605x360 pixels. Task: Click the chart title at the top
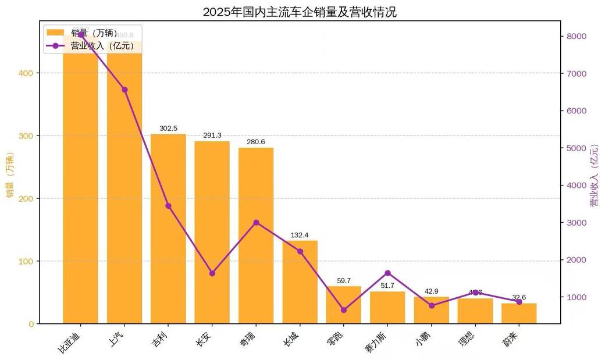pyautogui.click(x=300, y=12)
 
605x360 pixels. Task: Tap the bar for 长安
pyautogui.click(x=212, y=233)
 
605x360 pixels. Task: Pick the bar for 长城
pyautogui.click(x=300, y=285)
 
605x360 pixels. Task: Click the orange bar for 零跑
pyautogui.click(x=343, y=305)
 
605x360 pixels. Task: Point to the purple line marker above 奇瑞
pyautogui.click(x=256, y=222)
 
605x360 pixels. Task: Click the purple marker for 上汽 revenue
pyautogui.click(x=124, y=90)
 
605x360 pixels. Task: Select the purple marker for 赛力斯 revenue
pyautogui.click(x=387, y=273)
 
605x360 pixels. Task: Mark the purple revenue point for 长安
pyautogui.click(x=212, y=273)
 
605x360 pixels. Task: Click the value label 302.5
pyautogui.click(x=168, y=128)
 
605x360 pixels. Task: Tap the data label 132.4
pyautogui.click(x=300, y=235)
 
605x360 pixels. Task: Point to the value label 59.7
pyautogui.click(x=344, y=280)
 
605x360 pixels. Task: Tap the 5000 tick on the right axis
pyautogui.click(x=576, y=148)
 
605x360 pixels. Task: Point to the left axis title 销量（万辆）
pyautogui.click(x=10, y=174)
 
